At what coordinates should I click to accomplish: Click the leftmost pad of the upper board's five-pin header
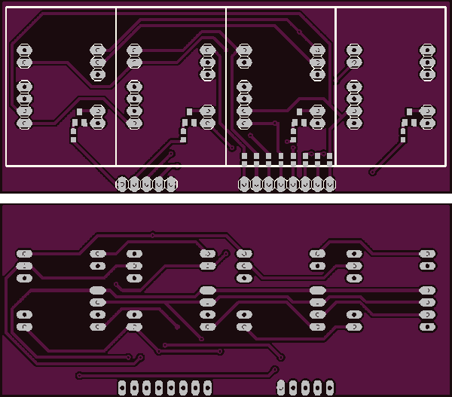(x=122, y=184)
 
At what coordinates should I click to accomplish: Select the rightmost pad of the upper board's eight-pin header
(x=329, y=184)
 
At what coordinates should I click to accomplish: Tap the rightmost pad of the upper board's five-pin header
(x=171, y=184)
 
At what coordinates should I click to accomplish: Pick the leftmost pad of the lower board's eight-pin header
(x=122, y=387)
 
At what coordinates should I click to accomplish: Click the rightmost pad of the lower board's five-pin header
(x=329, y=387)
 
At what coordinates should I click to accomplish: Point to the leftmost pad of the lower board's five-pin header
(x=281, y=387)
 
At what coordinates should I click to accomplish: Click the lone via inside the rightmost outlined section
(x=372, y=172)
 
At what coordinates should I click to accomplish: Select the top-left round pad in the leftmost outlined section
(x=24, y=50)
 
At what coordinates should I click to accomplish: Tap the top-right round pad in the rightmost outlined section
(x=427, y=50)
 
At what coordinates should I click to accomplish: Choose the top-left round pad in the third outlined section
(x=244, y=50)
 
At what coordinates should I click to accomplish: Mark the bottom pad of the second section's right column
(x=207, y=122)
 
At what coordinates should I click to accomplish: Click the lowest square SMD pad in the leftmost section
(x=73, y=139)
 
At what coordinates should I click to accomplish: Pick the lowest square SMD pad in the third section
(x=293, y=139)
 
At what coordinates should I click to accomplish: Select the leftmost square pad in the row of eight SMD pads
(x=244, y=157)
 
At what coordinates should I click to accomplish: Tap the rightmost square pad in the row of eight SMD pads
(x=329, y=157)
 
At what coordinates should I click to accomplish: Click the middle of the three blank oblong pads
(x=207, y=290)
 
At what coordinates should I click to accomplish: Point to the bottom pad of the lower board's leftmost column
(x=24, y=327)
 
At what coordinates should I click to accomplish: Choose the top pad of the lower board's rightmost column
(x=427, y=254)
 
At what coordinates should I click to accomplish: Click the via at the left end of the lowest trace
(x=79, y=375)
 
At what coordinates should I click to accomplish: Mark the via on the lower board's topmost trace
(x=153, y=234)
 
